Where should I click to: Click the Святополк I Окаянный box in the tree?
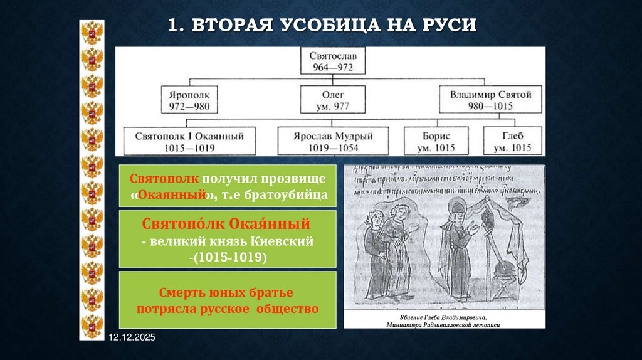point(189,142)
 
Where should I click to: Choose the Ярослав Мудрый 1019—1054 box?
point(333,142)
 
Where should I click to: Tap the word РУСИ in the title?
point(448,26)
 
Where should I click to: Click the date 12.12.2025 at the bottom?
point(131,338)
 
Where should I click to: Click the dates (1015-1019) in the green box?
point(228,257)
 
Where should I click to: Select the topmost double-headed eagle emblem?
point(92,33)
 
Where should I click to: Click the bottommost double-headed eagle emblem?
point(92,326)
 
